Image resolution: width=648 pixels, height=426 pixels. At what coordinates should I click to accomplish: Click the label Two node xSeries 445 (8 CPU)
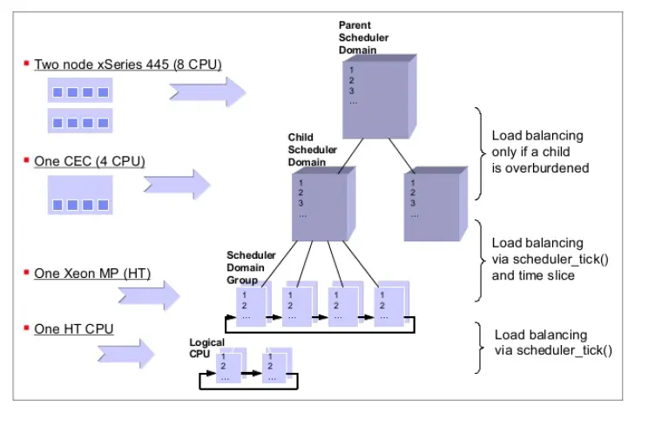click(x=127, y=64)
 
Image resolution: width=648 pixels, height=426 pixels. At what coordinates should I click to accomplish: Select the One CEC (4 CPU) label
click(x=89, y=161)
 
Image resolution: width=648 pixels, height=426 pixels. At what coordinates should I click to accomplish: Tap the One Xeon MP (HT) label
click(x=91, y=274)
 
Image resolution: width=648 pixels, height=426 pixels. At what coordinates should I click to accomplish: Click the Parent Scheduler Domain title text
click(x=363, y=37)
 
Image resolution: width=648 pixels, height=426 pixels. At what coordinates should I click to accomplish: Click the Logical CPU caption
click(x=206, y=348)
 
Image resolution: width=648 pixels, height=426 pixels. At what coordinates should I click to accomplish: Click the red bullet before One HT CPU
click(x=26, y=328)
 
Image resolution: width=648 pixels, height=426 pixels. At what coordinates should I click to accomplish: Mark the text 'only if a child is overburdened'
click(x=539, y=160)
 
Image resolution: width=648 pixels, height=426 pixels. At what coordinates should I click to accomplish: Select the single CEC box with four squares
click(x=79, y=196)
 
